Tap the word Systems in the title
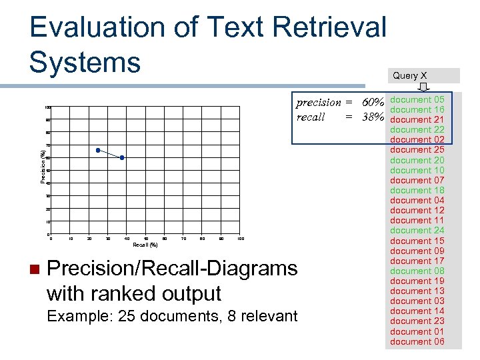[85, 62]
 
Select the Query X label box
[422, 75]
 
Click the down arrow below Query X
[423, 87]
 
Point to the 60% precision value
[373, 103]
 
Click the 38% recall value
[373, 117]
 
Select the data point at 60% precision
[122, 157]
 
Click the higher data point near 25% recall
[98, 150]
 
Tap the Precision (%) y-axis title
[43, 167]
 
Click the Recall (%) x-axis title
[145, 245]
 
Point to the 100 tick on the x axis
[241, 238]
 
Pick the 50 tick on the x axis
[146, 238]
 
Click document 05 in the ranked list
[417, 99]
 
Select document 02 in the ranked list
[417, 139]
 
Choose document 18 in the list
[417, 190]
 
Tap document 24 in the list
[417, 230]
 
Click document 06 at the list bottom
[417, 341]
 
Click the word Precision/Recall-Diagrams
[173, 269]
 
